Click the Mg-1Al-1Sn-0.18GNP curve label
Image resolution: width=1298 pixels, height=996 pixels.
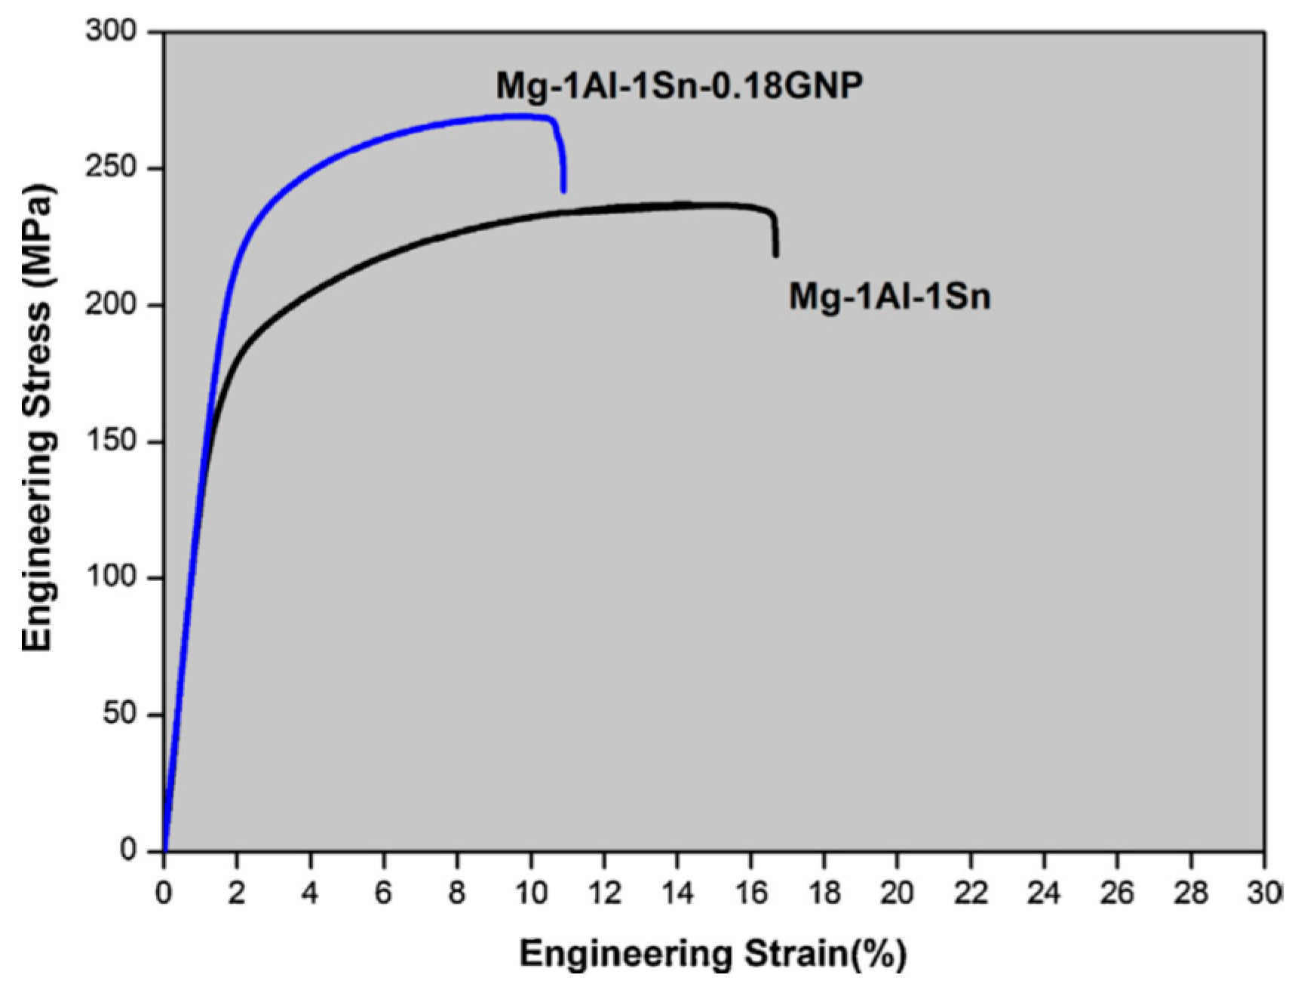tap(679, 85)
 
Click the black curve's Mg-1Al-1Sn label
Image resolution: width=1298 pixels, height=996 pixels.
tap(889, 296)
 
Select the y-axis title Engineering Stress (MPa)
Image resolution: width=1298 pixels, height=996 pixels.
tap(38, 417)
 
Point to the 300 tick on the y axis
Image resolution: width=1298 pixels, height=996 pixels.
tap(111, 32)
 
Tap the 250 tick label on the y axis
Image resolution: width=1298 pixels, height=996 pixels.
tap(111, 168)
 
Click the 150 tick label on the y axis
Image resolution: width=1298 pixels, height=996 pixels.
tap(111, 441)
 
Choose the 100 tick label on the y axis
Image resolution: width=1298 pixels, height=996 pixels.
tap(111, 577)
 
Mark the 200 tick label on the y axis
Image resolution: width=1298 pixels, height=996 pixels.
tap(111, 304)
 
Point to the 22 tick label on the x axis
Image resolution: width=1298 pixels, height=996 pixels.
tap(970, 893)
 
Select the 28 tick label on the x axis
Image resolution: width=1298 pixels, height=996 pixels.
tap(1190, 893)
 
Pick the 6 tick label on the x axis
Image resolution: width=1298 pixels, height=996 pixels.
tap(383, 893)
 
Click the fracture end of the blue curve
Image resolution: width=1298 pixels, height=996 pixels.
tap(563, 190)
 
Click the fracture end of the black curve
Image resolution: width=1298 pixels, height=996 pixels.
tap(775, 254)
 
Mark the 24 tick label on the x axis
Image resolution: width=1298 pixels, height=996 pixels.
tap(1043, 893)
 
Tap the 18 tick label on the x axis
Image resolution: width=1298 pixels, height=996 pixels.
tap(824, 893)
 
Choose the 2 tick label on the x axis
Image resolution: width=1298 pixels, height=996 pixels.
tap(237, 893)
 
